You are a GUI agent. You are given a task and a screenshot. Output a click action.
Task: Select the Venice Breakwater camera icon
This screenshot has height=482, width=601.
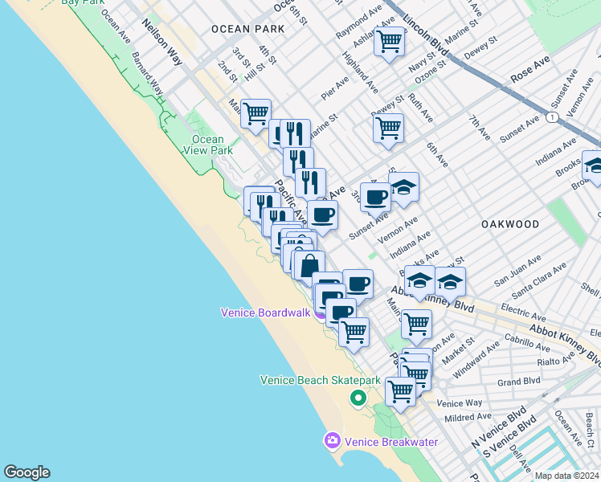[332, 440]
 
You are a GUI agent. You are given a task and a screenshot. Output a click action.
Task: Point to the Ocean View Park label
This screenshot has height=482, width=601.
[208, 145]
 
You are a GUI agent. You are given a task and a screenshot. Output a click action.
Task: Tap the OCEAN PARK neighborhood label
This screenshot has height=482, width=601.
[247, 29]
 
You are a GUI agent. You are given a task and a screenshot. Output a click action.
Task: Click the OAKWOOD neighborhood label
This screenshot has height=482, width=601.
[511, 223]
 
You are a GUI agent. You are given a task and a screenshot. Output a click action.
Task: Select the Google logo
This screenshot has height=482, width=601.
[27, 472]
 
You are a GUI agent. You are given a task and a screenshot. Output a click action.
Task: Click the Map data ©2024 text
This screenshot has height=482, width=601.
[566, 476]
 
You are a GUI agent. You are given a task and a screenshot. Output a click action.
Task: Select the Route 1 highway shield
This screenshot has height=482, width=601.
[552, 117]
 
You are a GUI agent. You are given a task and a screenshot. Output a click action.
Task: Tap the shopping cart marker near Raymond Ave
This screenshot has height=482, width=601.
[390, 41]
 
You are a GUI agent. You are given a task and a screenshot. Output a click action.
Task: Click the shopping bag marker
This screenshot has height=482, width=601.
[309, 263]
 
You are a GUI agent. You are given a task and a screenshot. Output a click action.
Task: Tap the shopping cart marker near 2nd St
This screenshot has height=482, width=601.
[256, 113]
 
